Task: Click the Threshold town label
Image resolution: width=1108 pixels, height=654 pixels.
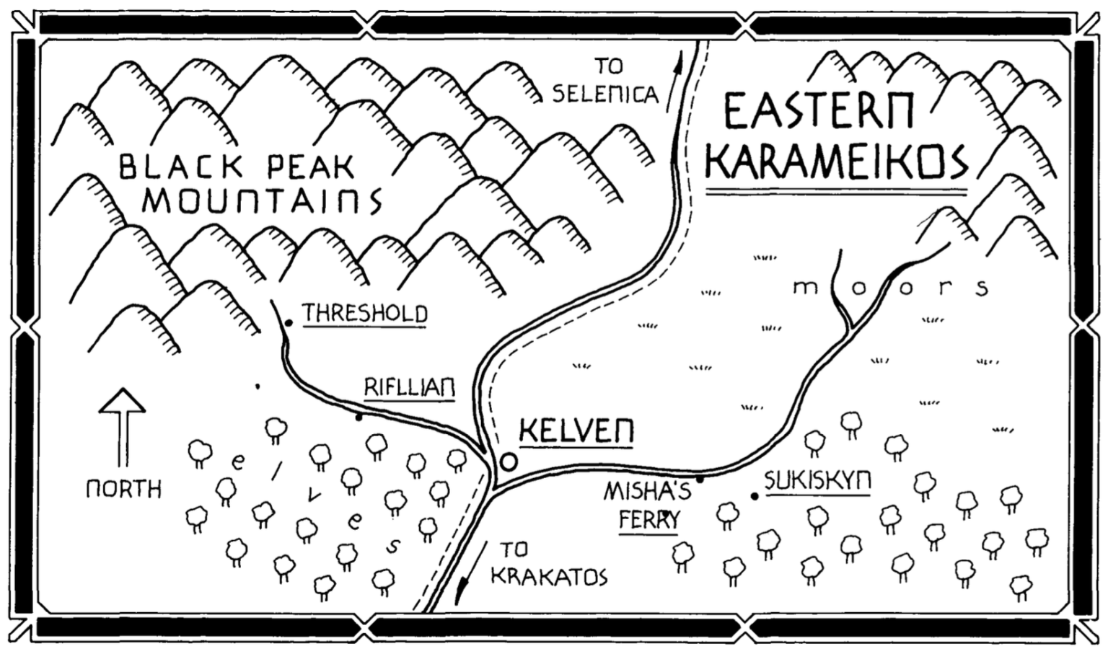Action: (x=365, y=314)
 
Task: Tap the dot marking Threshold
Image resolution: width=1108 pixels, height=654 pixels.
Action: (x=289, y=323)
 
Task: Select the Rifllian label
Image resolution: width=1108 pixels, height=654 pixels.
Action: (x=409, y=388)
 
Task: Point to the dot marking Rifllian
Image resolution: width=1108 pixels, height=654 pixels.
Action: (x=359, y=417)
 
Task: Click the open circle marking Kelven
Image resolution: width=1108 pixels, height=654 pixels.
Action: (x=509, y=461)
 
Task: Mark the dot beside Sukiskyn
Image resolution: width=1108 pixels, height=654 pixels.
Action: (x=755, y=496)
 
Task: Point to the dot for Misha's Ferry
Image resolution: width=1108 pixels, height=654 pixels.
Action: (x=699, y=479)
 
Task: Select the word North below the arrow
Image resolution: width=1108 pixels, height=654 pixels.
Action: (x=123, y=489)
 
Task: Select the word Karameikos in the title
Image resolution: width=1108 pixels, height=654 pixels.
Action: (x=837, y=162)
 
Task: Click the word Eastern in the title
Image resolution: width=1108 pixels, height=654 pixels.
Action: (x=819, y=113)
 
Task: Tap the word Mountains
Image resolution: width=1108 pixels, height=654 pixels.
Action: (x=262, y=201)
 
